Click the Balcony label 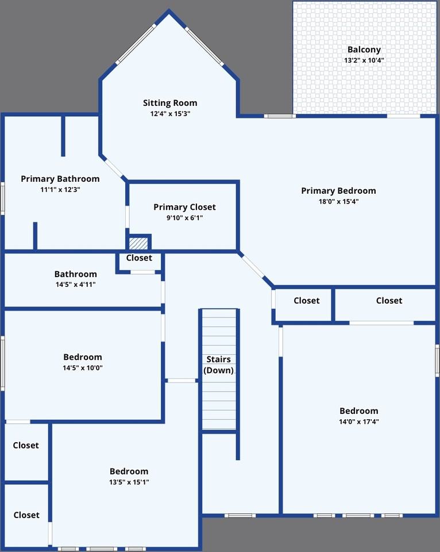364,49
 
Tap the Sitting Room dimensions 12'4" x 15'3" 170,114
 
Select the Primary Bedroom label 338,191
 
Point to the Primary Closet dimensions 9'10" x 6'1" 184,217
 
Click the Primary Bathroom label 60,179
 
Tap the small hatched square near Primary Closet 138,243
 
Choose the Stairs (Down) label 219,365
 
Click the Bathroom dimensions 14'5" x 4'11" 76,285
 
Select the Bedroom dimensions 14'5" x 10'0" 83,368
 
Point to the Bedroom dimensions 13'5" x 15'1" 129,482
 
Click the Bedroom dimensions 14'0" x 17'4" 359,421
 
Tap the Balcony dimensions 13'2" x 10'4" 364,60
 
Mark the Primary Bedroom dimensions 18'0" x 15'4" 338,201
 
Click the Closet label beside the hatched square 139,258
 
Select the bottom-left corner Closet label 26,515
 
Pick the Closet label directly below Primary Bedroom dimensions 307,301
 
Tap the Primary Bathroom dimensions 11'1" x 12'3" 60,189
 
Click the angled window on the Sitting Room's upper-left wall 136,44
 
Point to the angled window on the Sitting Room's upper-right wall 204,46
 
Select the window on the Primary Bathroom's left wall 2,198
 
